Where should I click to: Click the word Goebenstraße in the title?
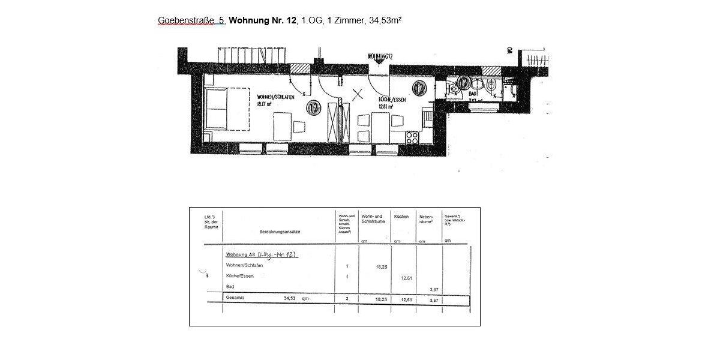pyautogui.click(x=185, y=21)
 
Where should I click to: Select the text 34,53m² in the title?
pyautogui.click(x=385, y=20)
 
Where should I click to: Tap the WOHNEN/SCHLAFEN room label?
pyautogui.click(x=275, y=97)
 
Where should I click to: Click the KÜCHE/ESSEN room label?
pyautogui.click(x=392, y=100)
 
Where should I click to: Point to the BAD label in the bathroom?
pyautogui.click(x=473, y=94)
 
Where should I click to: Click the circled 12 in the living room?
pyautogui.click(x=313, y=108)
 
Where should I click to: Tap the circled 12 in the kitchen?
pyautogui.click(x=419, y=89)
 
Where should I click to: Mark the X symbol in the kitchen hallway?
pyautogui.click(x=359, y=94)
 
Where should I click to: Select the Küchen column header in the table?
pyautogui.click(x=401, y=216)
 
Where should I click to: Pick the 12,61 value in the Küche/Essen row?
pyautogui.click(x=406, y=277)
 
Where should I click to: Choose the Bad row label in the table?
pyautogui.click(x=230, y=287)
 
